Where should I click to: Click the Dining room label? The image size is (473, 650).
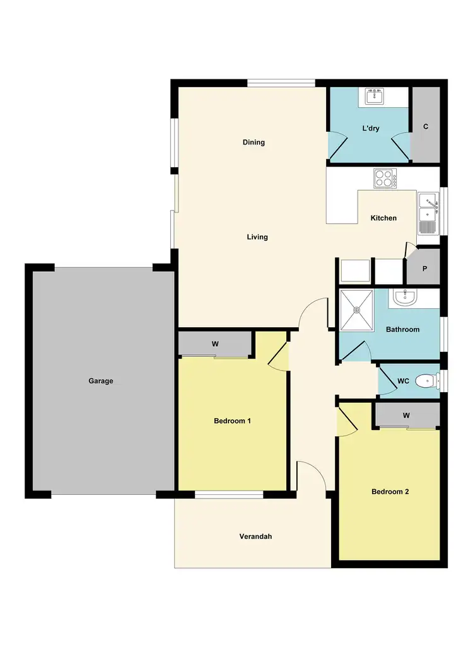tap(254, 142)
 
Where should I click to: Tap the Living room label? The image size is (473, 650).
tap(257, 237)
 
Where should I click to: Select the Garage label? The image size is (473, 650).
tap(101, 381)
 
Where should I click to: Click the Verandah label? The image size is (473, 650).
tap(255, 537)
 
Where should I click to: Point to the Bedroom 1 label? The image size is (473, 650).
tap(233, 421)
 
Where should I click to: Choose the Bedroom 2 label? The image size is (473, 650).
tap(390, 492)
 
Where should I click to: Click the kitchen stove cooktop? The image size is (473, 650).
tap(385, 178)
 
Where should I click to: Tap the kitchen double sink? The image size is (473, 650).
tap(428, 211)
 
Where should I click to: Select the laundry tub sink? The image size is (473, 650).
tap(375, 96)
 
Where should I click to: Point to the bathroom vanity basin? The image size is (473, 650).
tap(403, 297)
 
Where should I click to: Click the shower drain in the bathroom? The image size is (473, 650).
tap(356, 310)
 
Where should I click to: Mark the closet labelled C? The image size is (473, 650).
tap(426, 126)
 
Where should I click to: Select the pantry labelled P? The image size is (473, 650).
tap(424, 269)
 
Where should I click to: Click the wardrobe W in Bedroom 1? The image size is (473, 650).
tap(215, 344)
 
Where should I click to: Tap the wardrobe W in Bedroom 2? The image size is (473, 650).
tap(407, 415)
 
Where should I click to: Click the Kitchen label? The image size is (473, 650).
tap(383, 218)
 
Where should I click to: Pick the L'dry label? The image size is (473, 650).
tap(370, 128)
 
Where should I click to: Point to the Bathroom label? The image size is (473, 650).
tap(402, 329)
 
